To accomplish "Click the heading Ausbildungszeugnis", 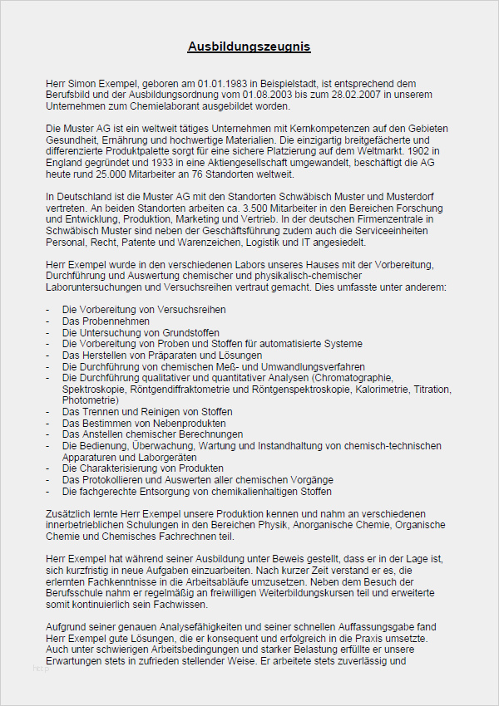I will pos(249,47).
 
